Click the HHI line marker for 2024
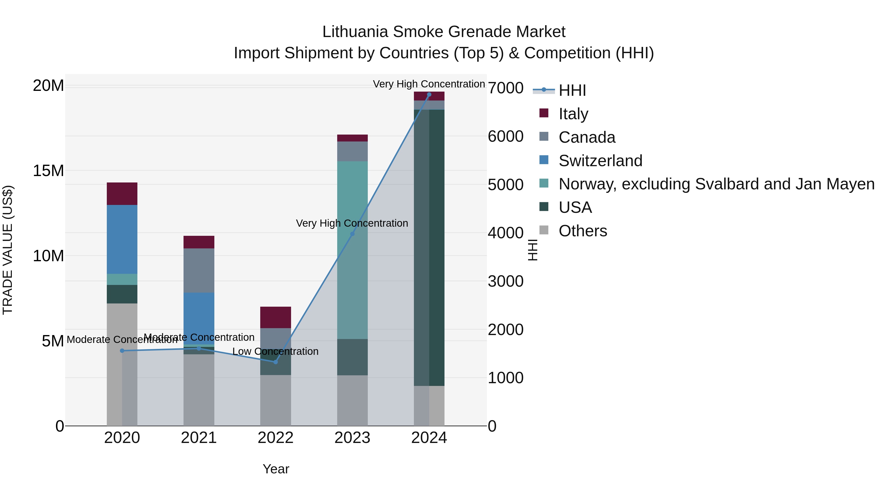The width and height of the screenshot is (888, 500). click(429, 95)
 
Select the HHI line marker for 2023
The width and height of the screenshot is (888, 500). click(352, 234)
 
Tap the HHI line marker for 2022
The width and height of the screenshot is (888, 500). click(276, 362)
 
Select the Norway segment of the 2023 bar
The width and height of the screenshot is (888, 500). click(352, 250)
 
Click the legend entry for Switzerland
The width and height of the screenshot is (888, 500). click(600, 161)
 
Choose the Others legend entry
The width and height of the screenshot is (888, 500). click(583, 231)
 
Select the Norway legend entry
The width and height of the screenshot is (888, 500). click(716, 184)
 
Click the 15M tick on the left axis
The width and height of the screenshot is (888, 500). click(48, 171)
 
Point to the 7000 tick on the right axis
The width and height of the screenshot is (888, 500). click(505, 88)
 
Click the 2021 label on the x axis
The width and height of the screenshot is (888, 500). click(199, 438)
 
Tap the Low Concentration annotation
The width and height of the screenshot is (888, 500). click(276, 351)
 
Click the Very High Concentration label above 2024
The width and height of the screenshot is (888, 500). click(429, 84)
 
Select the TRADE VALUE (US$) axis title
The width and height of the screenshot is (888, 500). click(8, 250)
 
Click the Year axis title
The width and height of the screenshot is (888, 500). click(276, 469)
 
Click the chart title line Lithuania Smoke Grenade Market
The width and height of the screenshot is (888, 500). click(444, 32)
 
